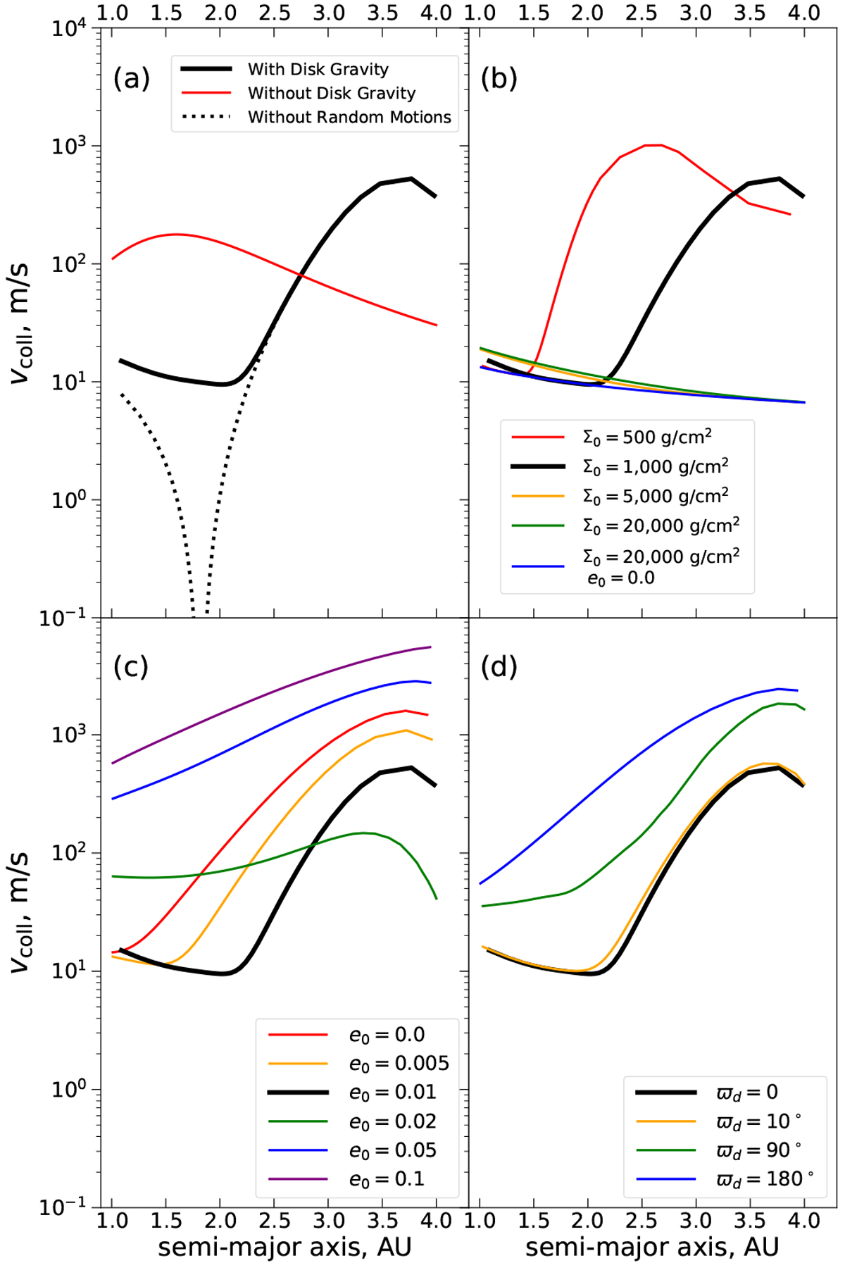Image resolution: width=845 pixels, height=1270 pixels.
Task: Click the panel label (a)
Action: point(132,79)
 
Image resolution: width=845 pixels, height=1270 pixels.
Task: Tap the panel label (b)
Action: point(499,79)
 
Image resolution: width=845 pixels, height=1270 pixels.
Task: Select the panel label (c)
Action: point(131,666)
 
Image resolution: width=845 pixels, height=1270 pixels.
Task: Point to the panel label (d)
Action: point(499,666)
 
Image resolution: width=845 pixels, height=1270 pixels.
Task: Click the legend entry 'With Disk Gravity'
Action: point(318,69)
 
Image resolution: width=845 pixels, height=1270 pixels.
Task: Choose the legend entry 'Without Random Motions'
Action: point(349,117)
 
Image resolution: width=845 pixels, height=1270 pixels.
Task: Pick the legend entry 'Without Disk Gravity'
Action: point(332,93)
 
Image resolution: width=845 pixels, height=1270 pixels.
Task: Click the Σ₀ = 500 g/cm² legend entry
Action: point(646,437)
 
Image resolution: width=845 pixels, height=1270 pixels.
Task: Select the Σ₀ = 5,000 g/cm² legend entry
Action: point(655,496)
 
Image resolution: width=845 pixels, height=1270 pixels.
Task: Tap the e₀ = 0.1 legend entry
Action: point(387,1179)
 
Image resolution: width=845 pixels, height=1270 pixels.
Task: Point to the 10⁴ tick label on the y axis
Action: point(68,30)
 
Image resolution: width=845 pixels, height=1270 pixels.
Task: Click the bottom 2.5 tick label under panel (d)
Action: point(641,1220)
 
